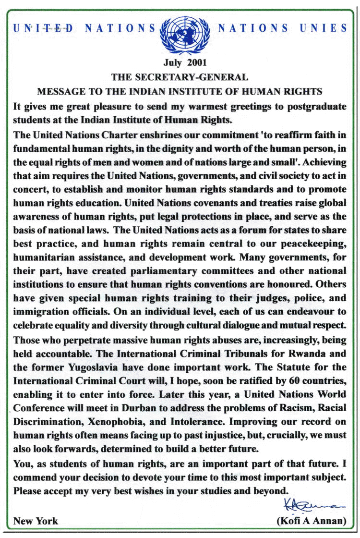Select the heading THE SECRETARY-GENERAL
(x=180, y=77)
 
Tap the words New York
(x=36, y=521)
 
